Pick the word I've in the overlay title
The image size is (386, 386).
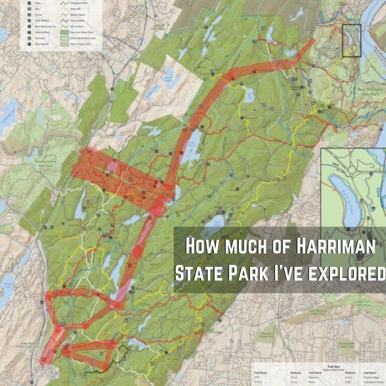[286, 273]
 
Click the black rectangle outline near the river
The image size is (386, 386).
[351, 40]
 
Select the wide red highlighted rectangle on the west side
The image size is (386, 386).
[121, 178]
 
